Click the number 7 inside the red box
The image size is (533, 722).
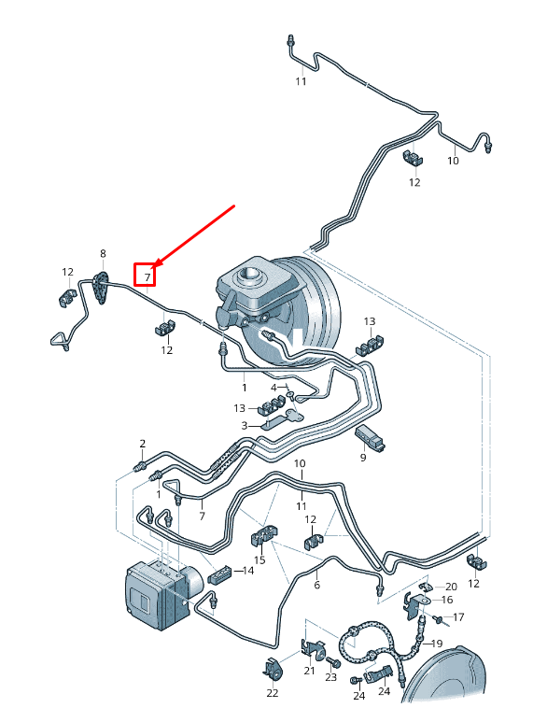point(147,277)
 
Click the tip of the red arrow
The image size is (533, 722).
point(152,267)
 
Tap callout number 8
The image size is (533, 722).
point(103,253)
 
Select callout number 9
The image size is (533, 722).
point(363,458)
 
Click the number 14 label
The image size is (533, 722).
point(248,571)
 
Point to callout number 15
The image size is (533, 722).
point(259,559)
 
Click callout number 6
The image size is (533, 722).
point(316,585)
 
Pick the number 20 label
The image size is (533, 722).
point(451,587)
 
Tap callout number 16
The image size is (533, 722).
point(447,600)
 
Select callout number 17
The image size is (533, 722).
point(458,617)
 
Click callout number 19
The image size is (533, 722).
point(436,644)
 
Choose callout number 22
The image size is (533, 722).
point(273,693)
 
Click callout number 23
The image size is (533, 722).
point(331,677)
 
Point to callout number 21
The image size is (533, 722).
point(309,671)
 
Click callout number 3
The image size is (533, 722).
point(245,426)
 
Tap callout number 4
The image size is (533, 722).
point(274,388)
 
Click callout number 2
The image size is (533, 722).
point(142,444)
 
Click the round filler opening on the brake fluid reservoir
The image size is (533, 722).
point(248,276)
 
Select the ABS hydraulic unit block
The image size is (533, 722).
point(159,594)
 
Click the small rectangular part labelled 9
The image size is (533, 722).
point(371,437)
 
